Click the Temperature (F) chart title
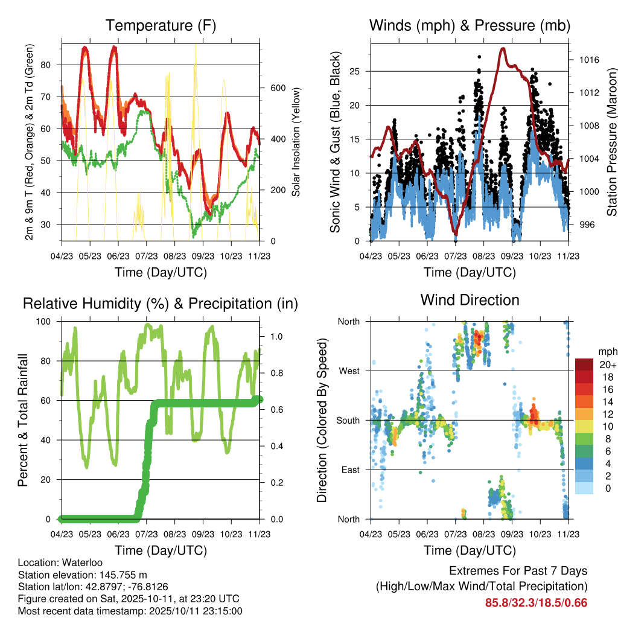pos(160,25)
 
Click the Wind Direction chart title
pos(470,300)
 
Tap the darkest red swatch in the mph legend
pos(584,365)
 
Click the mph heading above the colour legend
pos(607,351)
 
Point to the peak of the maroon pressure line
pos(502,49)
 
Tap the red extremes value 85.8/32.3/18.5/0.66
pos(536,602)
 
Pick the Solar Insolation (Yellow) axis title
pos(296,142)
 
